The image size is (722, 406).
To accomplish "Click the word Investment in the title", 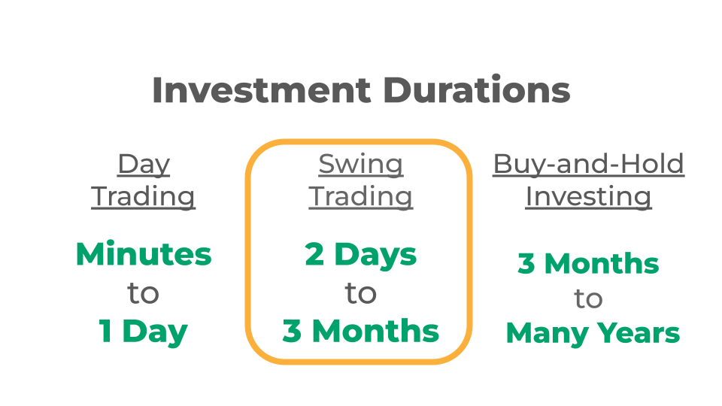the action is coord(262,89).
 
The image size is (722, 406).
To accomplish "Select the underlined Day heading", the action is coord(144,165).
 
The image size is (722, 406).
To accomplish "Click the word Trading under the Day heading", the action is coord(143,197).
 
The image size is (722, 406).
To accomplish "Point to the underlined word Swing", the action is coord(361,165).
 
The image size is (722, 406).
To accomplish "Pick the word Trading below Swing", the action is coord(361,197).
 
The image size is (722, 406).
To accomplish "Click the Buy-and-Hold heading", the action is coord(588,165).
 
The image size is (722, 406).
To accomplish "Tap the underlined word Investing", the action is coord(588,197).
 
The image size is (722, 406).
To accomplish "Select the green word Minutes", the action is coord(144,253).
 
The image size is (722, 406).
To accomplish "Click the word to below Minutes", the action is coord(143,293).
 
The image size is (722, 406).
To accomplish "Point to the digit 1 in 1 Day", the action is coord(105,331).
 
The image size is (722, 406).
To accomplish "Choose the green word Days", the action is coord(376,256).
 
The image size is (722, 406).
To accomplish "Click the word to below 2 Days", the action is coord(361,293).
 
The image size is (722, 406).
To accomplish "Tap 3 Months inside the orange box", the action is coord(361,331).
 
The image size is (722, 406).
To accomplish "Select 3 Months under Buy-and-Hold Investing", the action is coord(588,264).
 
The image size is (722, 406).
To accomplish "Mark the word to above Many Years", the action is coord(588,298).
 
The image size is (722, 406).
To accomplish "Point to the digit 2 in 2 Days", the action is coord(314,254).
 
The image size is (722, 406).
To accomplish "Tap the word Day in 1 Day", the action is coord(155,332).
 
